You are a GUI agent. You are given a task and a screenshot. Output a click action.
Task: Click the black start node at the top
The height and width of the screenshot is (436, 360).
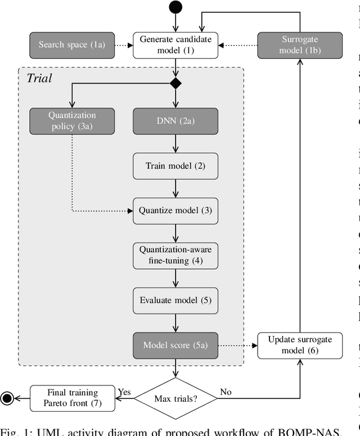(x=175, y=7)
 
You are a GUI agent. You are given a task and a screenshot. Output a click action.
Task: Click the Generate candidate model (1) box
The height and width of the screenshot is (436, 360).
(x=175, y=44)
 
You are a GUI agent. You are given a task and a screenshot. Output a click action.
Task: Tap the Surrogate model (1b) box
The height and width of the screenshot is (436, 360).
(x=299, y=44)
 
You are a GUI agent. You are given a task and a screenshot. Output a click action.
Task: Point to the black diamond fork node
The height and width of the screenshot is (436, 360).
(x=175, y=84)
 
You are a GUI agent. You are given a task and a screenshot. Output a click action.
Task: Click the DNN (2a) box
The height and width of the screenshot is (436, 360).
(x=175, y=121)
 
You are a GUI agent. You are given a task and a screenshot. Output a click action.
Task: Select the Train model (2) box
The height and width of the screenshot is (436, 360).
(x=175, y=166)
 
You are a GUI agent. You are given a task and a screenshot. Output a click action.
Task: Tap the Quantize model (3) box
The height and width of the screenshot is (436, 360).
(x=175, y=210)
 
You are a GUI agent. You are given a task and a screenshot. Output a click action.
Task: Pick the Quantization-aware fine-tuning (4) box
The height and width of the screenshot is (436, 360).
(x=175, y=255)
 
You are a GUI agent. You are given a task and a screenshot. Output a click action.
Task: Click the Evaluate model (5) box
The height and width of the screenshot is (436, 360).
(x=175, y=299)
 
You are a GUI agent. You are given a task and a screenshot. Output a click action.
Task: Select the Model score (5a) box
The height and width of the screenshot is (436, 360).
(x=175, y=344)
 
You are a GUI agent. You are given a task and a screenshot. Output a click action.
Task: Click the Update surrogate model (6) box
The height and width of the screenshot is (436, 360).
(x=299, y=344)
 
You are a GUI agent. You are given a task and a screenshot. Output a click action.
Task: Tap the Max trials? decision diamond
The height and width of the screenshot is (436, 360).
(x=175, y=399)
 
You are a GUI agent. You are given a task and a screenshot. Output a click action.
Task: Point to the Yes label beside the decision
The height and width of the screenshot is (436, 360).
(x=124, y=391)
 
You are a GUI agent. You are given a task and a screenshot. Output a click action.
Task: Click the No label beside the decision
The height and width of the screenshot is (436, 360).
(x=225, y=391)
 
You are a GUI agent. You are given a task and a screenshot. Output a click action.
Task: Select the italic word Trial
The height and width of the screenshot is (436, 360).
(x=39, y=78)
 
